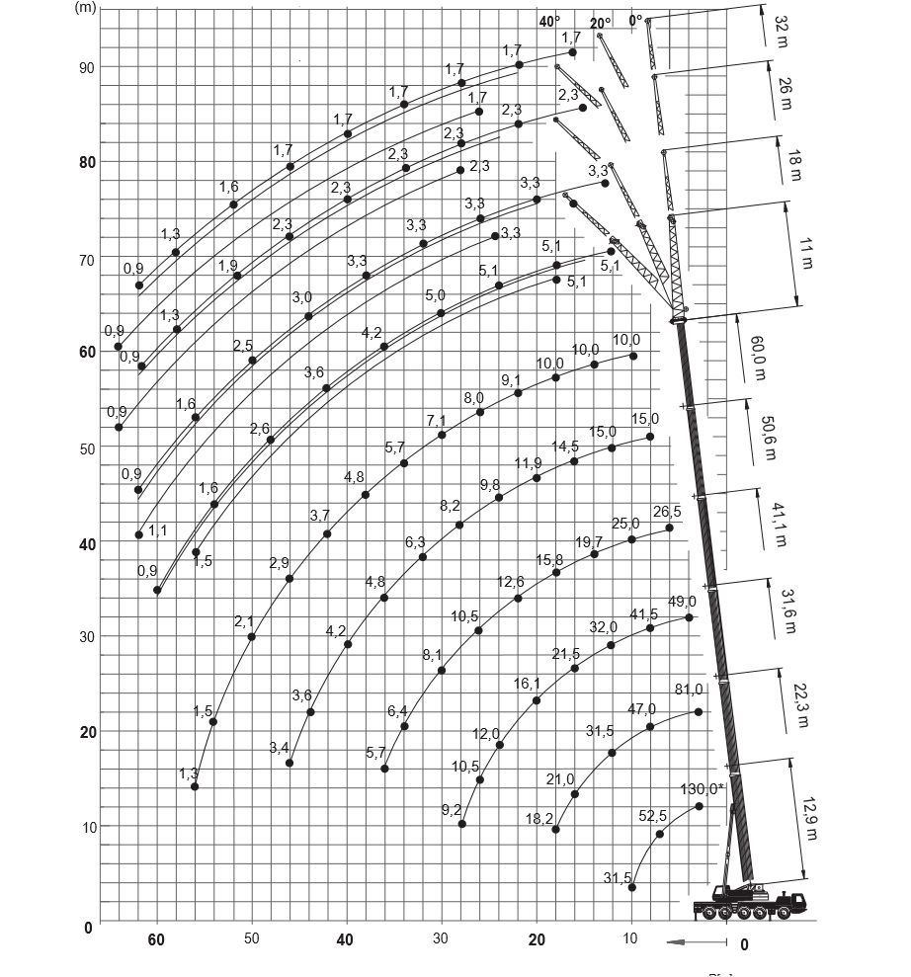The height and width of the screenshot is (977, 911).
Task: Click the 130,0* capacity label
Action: [x=704, y=788]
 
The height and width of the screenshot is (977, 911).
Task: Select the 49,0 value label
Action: [x=682, y=602]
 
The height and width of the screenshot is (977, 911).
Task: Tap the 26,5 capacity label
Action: [x=667, y=512]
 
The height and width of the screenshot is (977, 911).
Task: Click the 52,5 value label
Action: [x=653, y=816]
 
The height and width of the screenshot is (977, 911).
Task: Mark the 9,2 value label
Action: [x=452, y=810]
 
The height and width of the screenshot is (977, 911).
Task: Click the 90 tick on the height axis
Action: [x=87, y=67]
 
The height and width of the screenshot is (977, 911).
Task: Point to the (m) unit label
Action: [x=85, y=7]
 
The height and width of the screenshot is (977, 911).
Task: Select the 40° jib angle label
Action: [x=549, y=21]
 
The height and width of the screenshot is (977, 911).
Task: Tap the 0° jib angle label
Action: [x=634, y=19]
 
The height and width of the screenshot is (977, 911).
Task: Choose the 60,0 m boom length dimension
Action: [x=758, y=357]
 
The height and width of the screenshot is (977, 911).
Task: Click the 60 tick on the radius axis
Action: [x=156, y=939]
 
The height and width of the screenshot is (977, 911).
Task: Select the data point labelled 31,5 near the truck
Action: [x=632, y=887]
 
